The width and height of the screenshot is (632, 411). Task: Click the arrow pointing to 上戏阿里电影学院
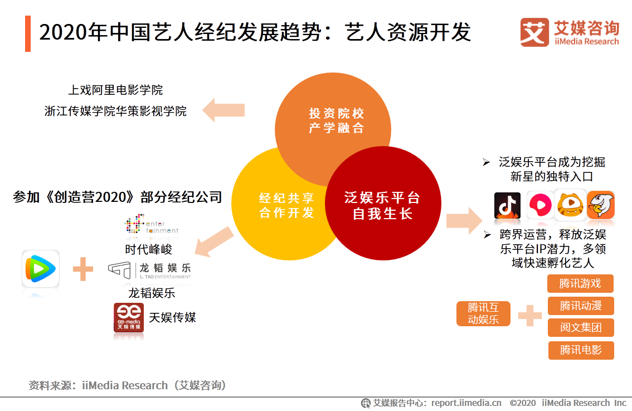[x=223, y=110]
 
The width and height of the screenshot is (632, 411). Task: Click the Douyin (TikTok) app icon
[x=507, y=206]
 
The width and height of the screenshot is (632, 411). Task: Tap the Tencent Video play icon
[x=41, y=269]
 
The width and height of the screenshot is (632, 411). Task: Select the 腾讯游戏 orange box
[x=580, y=283]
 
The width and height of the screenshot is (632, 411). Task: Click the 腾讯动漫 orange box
[x=580, y=306]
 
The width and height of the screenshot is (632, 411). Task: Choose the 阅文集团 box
[x=580, y=328]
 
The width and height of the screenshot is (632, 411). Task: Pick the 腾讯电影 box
[x=580, y=350]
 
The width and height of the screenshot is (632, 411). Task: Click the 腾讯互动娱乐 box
[x=483, y=314]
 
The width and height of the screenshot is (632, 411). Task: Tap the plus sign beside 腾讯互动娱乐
[x=529, y=316]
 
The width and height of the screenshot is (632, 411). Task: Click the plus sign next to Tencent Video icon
[x=83, y=270]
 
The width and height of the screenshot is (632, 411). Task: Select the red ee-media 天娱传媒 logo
[x=128, y=317]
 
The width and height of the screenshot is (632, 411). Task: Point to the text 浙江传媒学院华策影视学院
[x=115, y=111]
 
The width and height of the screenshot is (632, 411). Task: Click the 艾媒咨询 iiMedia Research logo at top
[x=569, y=32]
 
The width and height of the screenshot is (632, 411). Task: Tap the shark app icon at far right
[x=600, y=206]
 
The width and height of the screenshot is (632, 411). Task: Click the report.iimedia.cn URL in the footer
[x=466, y=403]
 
